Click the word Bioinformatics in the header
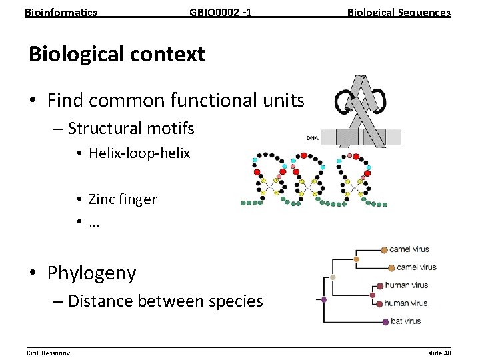[61, 12]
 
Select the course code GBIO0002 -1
[220, 12]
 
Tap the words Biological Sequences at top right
[399, 12]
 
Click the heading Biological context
[117, 54]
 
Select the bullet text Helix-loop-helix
[139, 153]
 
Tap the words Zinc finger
[122, 199]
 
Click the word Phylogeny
[91, 273]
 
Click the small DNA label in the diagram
[312, 138]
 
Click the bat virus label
[405, 321]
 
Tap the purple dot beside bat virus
[385, 322]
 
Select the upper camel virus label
[409, 249]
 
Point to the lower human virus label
[406, 303]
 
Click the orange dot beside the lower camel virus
[390, 267]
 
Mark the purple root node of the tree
[324, 300]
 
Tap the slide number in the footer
[439, 353]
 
